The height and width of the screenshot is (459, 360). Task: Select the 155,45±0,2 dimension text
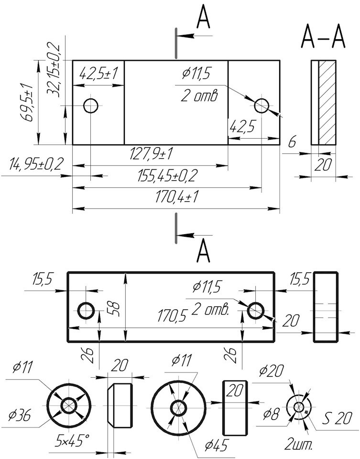pos(166,176)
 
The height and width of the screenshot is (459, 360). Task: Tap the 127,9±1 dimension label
pos(151,154)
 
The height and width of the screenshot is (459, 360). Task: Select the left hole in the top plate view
pos(91,105)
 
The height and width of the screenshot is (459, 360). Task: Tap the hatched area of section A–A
pos(327,102)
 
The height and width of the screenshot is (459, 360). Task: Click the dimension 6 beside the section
pos(293,142)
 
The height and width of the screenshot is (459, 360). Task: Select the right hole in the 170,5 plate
pos(256,311)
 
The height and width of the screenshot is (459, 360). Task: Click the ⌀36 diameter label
pos(20,415)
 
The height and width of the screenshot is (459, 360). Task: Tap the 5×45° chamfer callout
pos(72,440)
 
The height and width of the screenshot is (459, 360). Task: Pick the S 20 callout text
pos(338,419)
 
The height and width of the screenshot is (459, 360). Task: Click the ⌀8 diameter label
pos(272,414)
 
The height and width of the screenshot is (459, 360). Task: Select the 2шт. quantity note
pos(298,445)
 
